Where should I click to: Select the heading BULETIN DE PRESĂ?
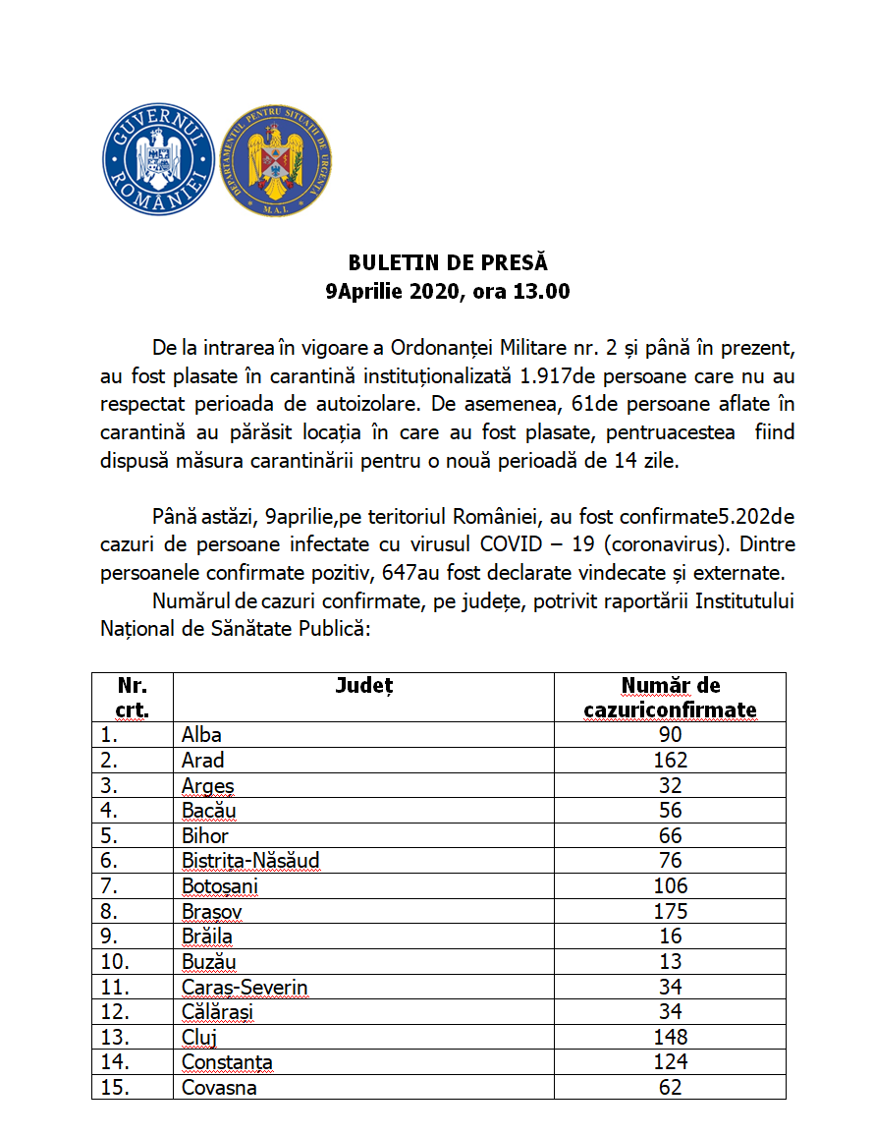[448, 263]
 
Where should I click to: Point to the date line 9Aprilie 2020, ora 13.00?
[448, 292]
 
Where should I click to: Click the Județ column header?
[362, 686]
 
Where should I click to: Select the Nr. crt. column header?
[132, 697]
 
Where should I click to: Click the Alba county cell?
[202, 735]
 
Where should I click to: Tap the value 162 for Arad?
[671, 761]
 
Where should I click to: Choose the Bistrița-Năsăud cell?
[250, 862]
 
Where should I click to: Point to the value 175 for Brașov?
[671, 912]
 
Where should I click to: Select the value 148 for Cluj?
[671, 1038]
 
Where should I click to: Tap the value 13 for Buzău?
[671, 962]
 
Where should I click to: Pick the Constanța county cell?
[227, 1063]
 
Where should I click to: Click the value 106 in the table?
[671, 886]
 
